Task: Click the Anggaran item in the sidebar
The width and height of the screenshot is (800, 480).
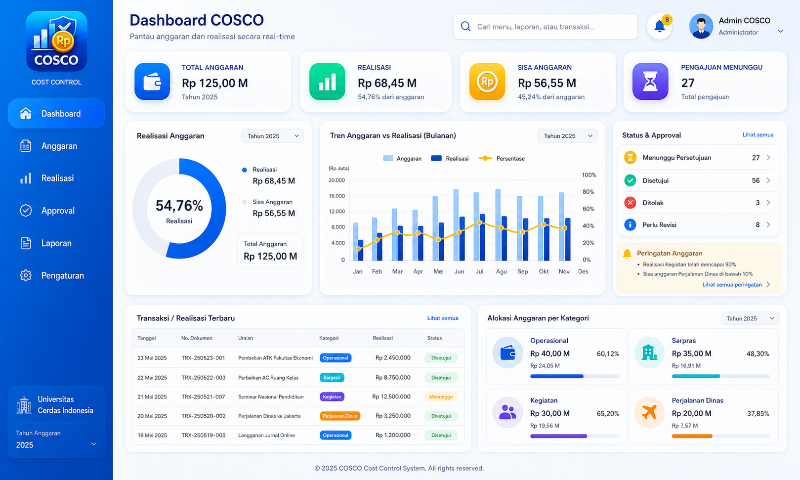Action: pyautogui.click(x=59, y=146)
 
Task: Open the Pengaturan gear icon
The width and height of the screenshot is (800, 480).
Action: pyautogui.click(x=26, y=275)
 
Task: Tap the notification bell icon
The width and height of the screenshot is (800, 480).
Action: pyautogui.click(x=659, y=27)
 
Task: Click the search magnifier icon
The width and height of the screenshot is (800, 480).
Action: pyautogui.click(x=465, y=27)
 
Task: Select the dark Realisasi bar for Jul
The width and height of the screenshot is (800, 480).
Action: pyautogui.click(x=482, y=237)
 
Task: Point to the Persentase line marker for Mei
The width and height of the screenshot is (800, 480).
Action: pyautogui.click(x=439, y=239)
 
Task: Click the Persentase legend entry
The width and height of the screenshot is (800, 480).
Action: pyautogui.click(x=502, y=158)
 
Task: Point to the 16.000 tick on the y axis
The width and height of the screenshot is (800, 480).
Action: pyautogui.click(x=337, y=196)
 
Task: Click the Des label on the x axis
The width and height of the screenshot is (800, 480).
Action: pyautogui.click(x=583, y=271)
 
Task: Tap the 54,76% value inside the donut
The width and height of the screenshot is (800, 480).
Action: pyautogui.click(x=179, y=206)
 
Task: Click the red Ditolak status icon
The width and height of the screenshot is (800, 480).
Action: pyautogui.click(x=630, y=203)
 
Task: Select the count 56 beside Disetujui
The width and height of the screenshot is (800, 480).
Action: pyautogui.click(x=756, y=180)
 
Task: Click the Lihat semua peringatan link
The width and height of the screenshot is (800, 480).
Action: pyautogui.click(x=732, y=285)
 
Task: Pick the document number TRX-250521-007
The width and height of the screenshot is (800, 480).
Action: pyautogui.click(x=203, y=397)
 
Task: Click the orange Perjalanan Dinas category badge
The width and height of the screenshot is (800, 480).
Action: pyautogui.click(x=339, y=416)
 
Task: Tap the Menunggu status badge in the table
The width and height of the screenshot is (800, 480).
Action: pyautogui.click(x=441, y=397)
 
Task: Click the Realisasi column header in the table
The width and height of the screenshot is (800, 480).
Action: pyautogui.click(x=382, y=338)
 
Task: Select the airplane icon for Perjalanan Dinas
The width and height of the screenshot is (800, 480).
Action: pyautogui.click(x=649, y=412)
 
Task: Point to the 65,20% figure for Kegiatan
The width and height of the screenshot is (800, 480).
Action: pyautogui.click(x=608, y=414)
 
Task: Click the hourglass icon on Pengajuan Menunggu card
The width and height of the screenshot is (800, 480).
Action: pyautogui.click(x=650, y=82)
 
